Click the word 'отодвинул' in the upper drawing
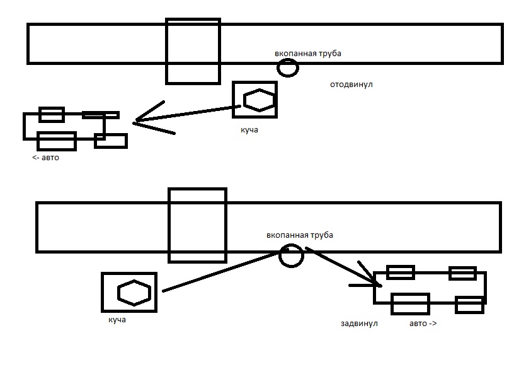pos(351,84)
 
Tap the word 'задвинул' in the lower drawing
pos(358,323)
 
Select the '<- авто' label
pos(45,158)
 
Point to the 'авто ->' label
pos(423,323)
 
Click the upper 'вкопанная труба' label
pos(307,54)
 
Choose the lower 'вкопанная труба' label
pos(299,235)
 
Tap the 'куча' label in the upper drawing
pos(249,130)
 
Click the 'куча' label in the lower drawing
pos(117,320)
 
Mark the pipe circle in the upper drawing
pos(287,67)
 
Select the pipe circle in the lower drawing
pos(291,255)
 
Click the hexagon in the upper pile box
pos(258,100)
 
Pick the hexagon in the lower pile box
pos(134,293)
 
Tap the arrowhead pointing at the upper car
pos(140,120)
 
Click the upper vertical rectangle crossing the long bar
pos(193,51)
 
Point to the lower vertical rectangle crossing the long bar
pos(197,225)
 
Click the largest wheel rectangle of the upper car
pos(57,141)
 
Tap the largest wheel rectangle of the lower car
pos(410,303)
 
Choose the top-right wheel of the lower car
pos(462,272)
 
